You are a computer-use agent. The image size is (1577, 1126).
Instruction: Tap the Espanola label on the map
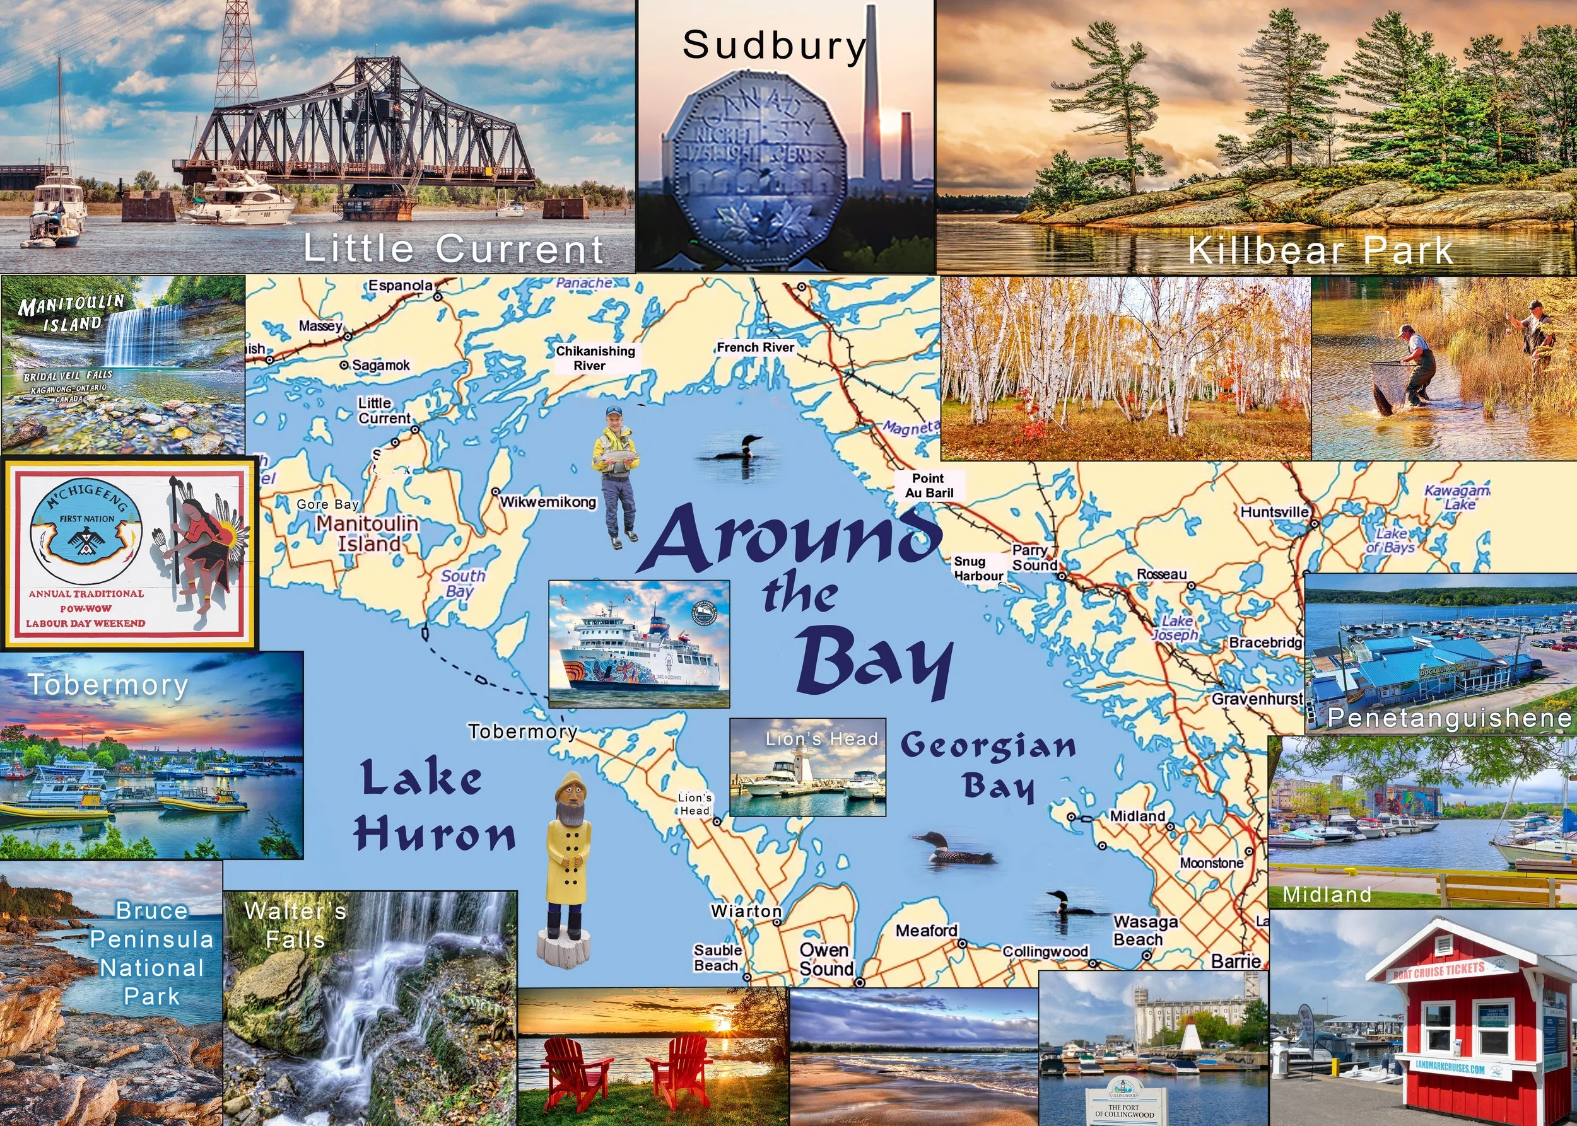[401, 286]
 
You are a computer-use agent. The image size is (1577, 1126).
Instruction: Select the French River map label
[755, 347]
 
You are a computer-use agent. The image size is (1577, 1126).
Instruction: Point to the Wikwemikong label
[548, 501]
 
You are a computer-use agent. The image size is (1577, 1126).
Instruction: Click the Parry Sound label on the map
[1034, 557]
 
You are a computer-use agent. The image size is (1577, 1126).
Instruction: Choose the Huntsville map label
[1274, 512]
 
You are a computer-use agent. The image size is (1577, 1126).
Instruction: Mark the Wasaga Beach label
[1145, 931]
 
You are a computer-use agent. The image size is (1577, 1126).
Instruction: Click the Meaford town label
[926, 931]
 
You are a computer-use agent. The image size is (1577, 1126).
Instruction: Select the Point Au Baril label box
[929, 485]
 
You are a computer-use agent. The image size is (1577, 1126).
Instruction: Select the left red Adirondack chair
[572, 1071]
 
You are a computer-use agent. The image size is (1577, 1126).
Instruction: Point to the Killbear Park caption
[1320, 250]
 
